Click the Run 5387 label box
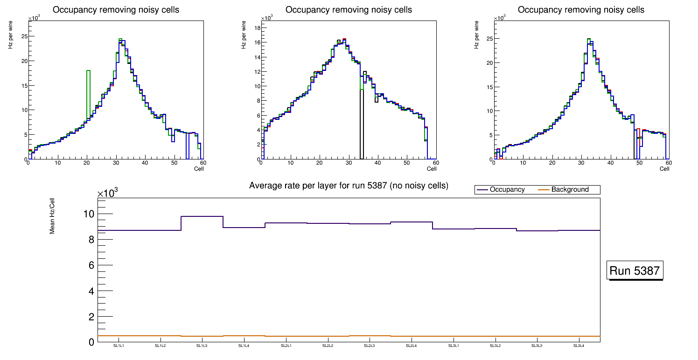635,271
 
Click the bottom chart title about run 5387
349,186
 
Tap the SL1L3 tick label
202,346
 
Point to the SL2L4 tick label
411,346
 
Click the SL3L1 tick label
453,346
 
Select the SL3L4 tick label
579,346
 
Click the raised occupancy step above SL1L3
202,216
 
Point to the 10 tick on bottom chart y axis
89,214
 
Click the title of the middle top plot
349,10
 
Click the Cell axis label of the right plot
664,169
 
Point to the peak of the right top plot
589,39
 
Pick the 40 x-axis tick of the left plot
145,163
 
